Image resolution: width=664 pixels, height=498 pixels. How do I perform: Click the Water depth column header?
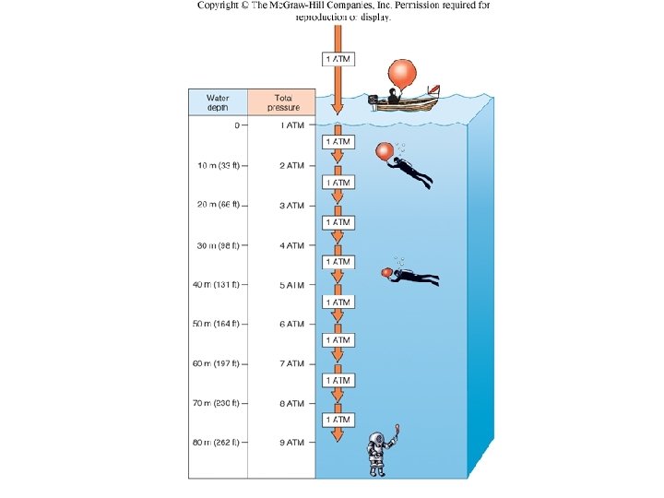coord(218,101)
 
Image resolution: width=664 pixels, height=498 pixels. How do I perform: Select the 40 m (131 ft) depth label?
coord(216,285)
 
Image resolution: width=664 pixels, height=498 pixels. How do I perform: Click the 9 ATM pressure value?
coord(291,443)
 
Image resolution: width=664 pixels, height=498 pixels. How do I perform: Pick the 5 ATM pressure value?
coord(291,285)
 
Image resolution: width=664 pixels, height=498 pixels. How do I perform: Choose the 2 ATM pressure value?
coord(291,166)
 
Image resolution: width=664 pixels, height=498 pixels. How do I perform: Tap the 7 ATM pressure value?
coord(291,364)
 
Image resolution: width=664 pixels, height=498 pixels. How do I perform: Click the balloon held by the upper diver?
coord(383,151)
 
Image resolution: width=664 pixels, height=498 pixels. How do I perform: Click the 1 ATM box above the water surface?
coord(337,60)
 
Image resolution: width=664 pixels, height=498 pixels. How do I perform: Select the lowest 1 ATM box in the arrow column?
coord(337,420)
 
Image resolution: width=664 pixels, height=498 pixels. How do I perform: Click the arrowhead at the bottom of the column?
coord(338,434)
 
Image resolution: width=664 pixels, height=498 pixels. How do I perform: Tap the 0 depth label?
coord(237,125)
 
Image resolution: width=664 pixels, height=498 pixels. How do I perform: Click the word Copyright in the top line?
coord(220,6)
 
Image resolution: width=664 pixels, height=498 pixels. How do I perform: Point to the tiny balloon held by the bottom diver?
coord(397,427)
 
